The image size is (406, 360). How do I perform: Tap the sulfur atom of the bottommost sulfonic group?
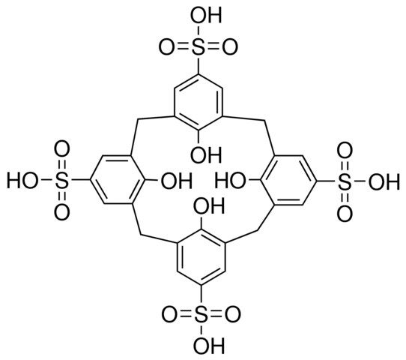point(202,315)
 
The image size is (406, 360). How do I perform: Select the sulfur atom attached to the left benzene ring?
point(61,180)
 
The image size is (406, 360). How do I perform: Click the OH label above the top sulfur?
point(206,15)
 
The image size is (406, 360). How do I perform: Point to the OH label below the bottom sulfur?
point(209,345)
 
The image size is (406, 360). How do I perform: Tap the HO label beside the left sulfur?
point(22,180)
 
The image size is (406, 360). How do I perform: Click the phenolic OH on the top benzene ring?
point(206,154)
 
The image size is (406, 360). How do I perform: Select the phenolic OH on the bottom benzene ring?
point(209,205)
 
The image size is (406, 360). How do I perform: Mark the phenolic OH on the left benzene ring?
point(177,180)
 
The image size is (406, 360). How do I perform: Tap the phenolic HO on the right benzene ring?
point(231,181)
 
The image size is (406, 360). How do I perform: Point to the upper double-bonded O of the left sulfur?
point(61,148)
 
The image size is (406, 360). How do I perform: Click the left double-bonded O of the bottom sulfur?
point(169,315)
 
